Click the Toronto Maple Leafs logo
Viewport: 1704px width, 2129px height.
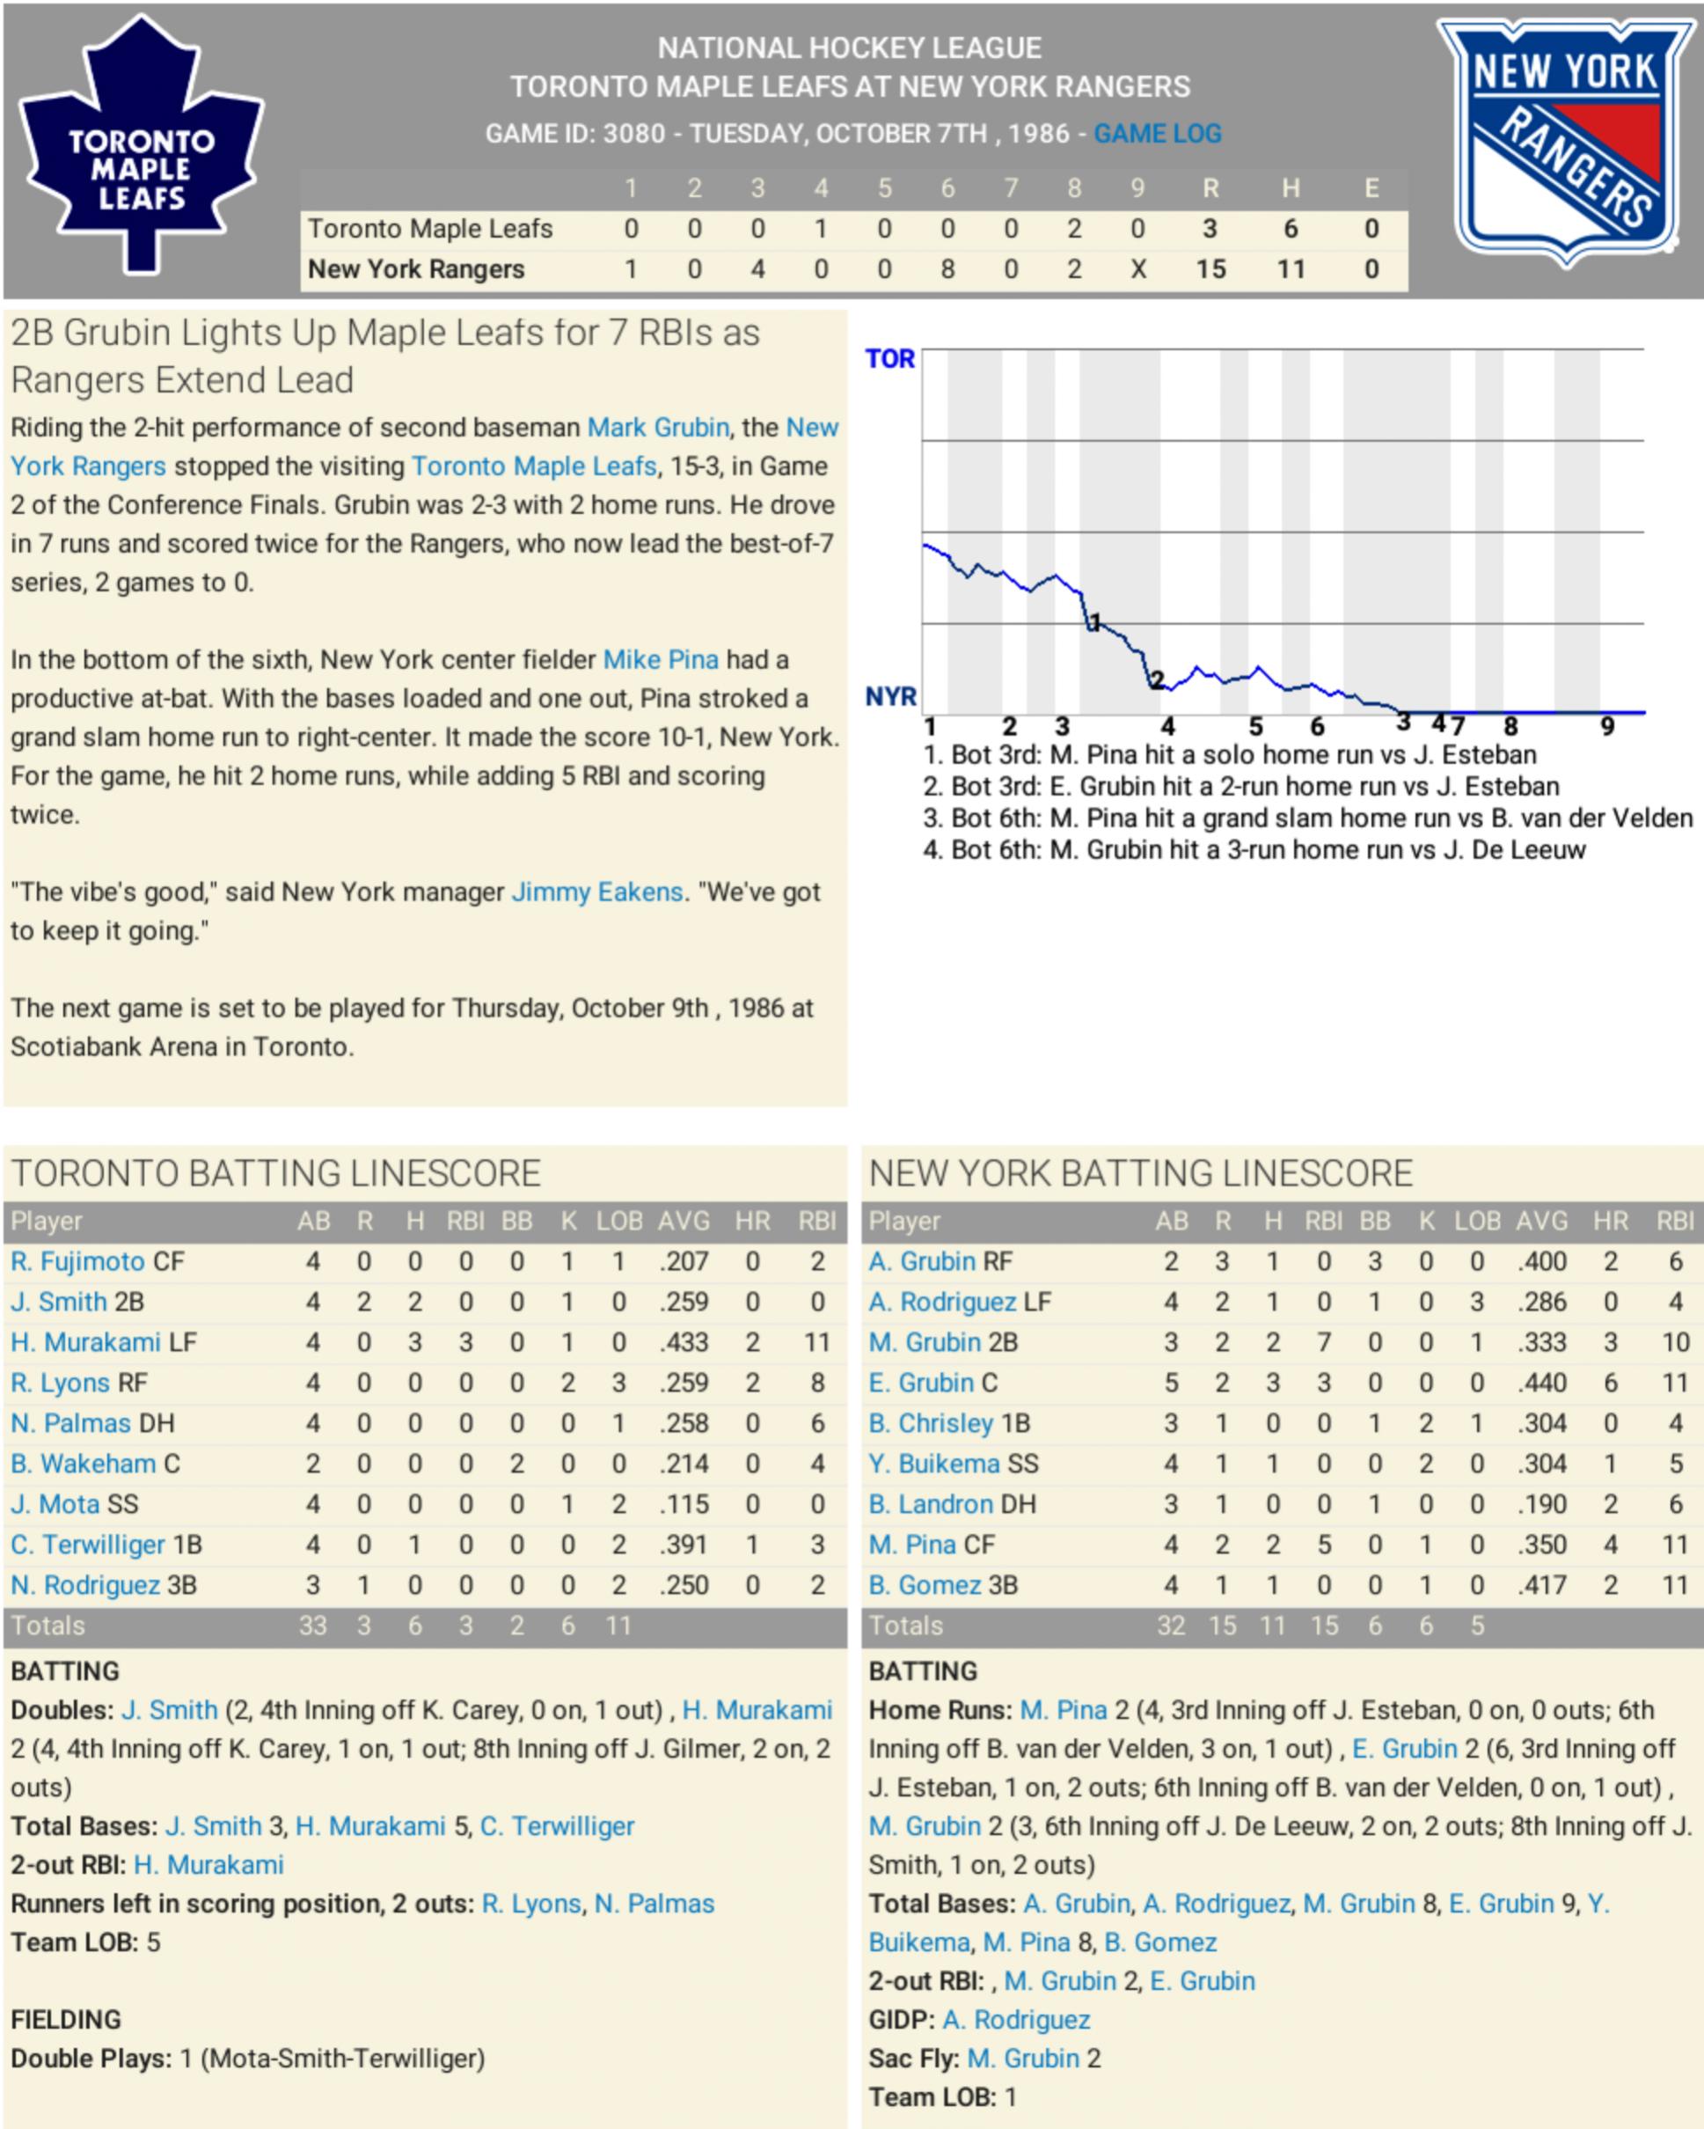tap(141, 148)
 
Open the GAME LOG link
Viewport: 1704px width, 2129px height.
tap(1157, 133)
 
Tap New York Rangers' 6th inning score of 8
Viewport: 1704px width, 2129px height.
tap(947, 269)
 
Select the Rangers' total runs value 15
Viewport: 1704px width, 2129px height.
tap(1210, 269)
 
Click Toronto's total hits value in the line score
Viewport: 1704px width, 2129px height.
tap(1290, 229)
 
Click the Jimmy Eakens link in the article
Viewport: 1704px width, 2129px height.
tap(596, 892)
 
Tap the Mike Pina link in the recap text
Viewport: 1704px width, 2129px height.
tap(661, 659)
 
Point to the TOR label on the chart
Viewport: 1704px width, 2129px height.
tap(889, 358)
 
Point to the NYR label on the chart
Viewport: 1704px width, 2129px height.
tap(890, 697)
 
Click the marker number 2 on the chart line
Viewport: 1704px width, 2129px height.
tap(1157, 679)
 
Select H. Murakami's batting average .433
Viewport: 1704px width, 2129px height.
tap(684, 1342)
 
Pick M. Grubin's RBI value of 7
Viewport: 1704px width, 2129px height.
tap(1323, 1342)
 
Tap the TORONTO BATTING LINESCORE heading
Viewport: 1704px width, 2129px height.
tap(275, 1173)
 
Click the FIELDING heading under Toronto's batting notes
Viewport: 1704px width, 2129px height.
tap(65, 2019)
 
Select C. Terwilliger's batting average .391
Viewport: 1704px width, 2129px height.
tap(684, 1545)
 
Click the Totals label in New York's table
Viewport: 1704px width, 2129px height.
tap(905, 1626)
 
